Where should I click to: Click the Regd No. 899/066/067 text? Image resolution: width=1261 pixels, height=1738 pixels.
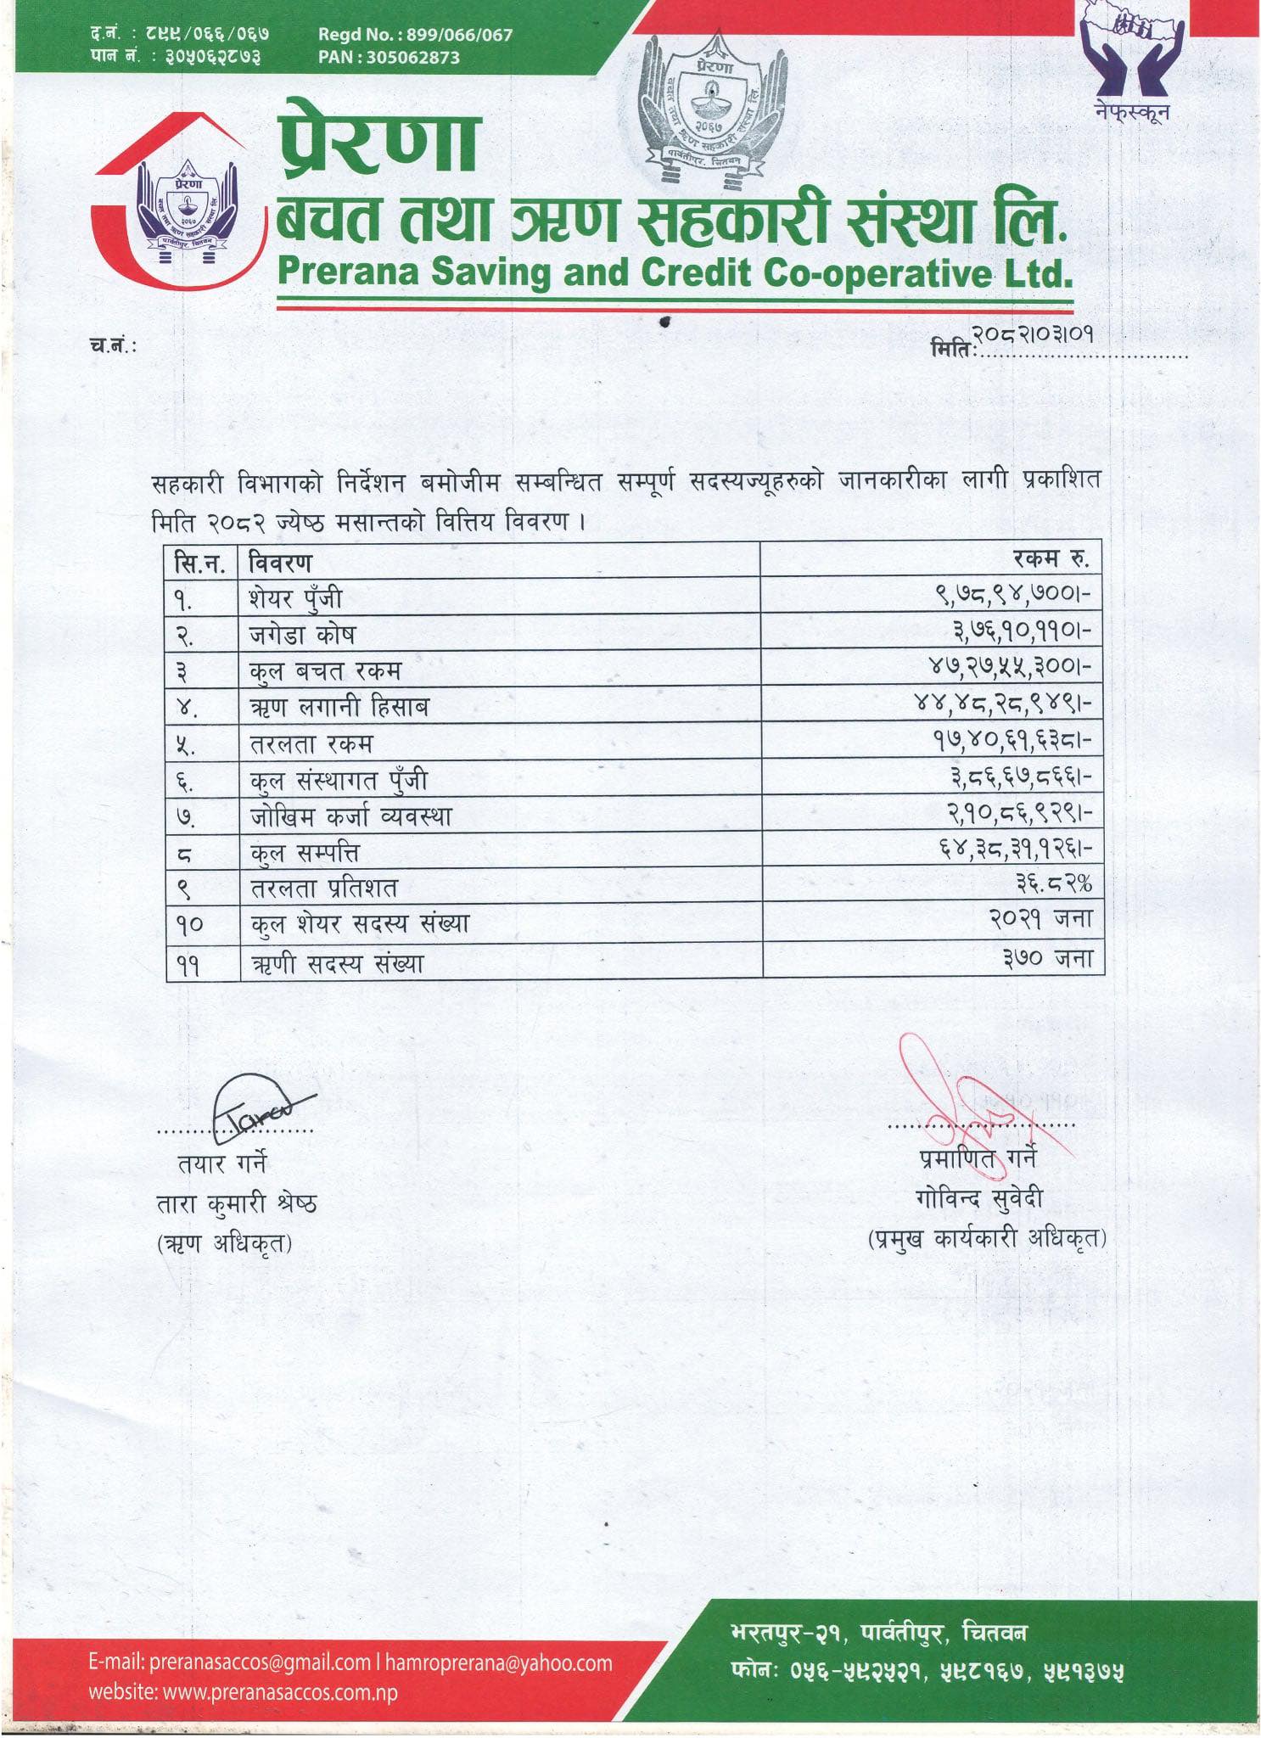tap(415, 35)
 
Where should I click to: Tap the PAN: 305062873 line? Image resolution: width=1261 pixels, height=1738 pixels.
tap(389, 58)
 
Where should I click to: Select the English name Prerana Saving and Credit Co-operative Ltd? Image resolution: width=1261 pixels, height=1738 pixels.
tap(675, 273)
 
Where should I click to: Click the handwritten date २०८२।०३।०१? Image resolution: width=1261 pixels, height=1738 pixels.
tap(1032, 334)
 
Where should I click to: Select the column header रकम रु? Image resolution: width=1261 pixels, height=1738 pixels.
tap(1051, 559)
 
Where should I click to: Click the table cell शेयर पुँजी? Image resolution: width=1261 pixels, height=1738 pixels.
tap(295, 598)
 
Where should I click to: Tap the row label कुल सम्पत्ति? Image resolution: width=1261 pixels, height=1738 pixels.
tap(305, 852)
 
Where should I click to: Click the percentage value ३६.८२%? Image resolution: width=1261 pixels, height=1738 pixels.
tap(1053, 884)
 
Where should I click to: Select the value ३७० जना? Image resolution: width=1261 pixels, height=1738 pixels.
tap(1047, 959)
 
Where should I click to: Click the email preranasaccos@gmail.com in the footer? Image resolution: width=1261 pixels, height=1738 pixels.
tap(229, 1662)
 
